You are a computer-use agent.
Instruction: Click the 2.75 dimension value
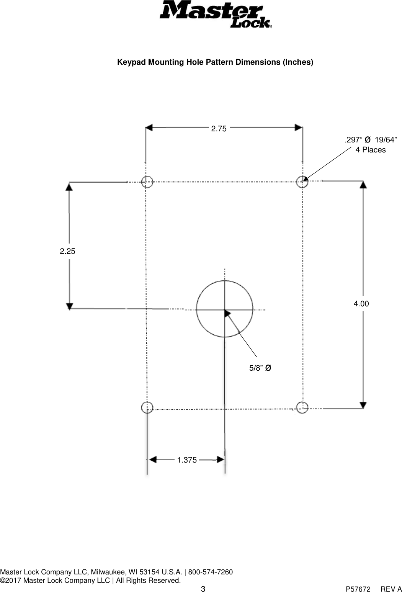(x=219, y=129)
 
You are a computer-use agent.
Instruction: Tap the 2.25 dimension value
(x=67, y=252)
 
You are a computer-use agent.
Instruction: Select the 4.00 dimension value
(x=361, y=304)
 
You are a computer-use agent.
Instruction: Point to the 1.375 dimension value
(x=187, y=460)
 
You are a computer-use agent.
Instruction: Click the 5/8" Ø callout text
(x=260, y=368)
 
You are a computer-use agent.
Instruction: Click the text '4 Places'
(x=370, y=150)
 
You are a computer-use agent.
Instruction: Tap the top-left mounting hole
(x=147, y=182)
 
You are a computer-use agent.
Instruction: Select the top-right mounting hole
(x=302, y=182)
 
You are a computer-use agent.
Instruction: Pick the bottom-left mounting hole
(x=147, y=407)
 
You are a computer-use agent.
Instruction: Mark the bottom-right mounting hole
(x=302, y=407)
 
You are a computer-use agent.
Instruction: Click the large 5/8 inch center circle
(x=225, y=309)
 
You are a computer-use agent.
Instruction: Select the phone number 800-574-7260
(x=208, y=572)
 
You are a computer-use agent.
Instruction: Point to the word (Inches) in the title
(x=297, y=62)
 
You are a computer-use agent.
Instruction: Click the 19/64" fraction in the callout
(x=386, y=140)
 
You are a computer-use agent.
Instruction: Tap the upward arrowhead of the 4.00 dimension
(x=363, y=185)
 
